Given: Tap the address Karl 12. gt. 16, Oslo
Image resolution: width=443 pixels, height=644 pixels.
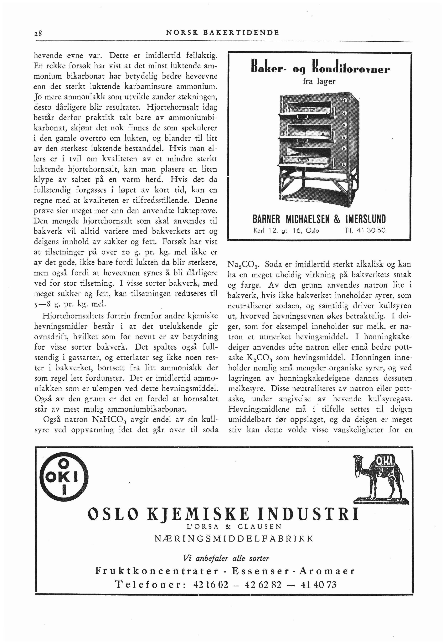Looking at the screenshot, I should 286,230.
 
